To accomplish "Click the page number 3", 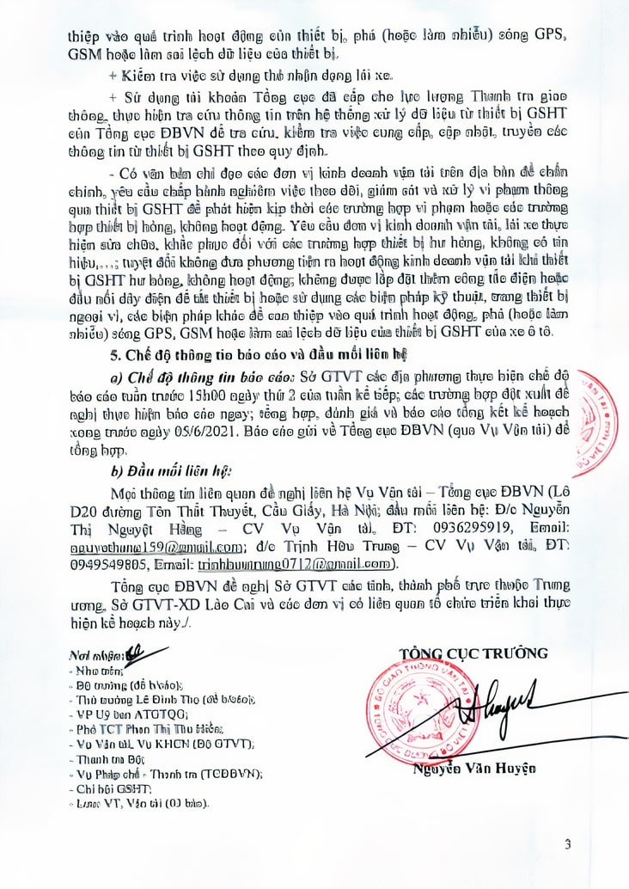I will click(x=568, y=843).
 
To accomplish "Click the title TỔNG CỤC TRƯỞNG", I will click(x=473, y=653).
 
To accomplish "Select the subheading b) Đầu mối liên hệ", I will click(x=172, y=471).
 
